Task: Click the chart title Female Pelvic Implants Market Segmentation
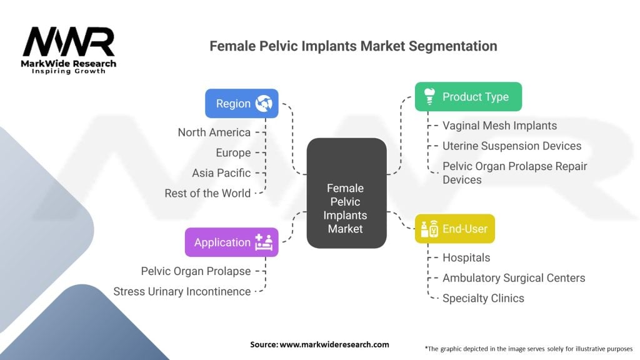(x=353, y=46)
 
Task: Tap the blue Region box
(x=242, y=104)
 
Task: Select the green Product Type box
(x=468, y=97)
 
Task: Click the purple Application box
(x=231, y=242)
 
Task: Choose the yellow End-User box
(x=454, y=229)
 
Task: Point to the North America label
(x=214, y=132)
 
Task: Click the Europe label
(x=233, y=152)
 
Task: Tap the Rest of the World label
(x=207, y=193)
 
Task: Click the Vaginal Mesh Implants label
(x=499, y=126)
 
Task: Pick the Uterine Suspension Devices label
(x=512, y=146)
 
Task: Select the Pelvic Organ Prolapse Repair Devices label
(x=514, y=173)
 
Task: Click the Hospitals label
(x=466, y=257)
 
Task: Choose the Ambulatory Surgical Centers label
(x=514, y=277)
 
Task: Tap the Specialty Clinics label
(x=483, y=298)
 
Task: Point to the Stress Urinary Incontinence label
(x=182, y=291)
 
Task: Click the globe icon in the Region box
(x=263, y=104)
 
